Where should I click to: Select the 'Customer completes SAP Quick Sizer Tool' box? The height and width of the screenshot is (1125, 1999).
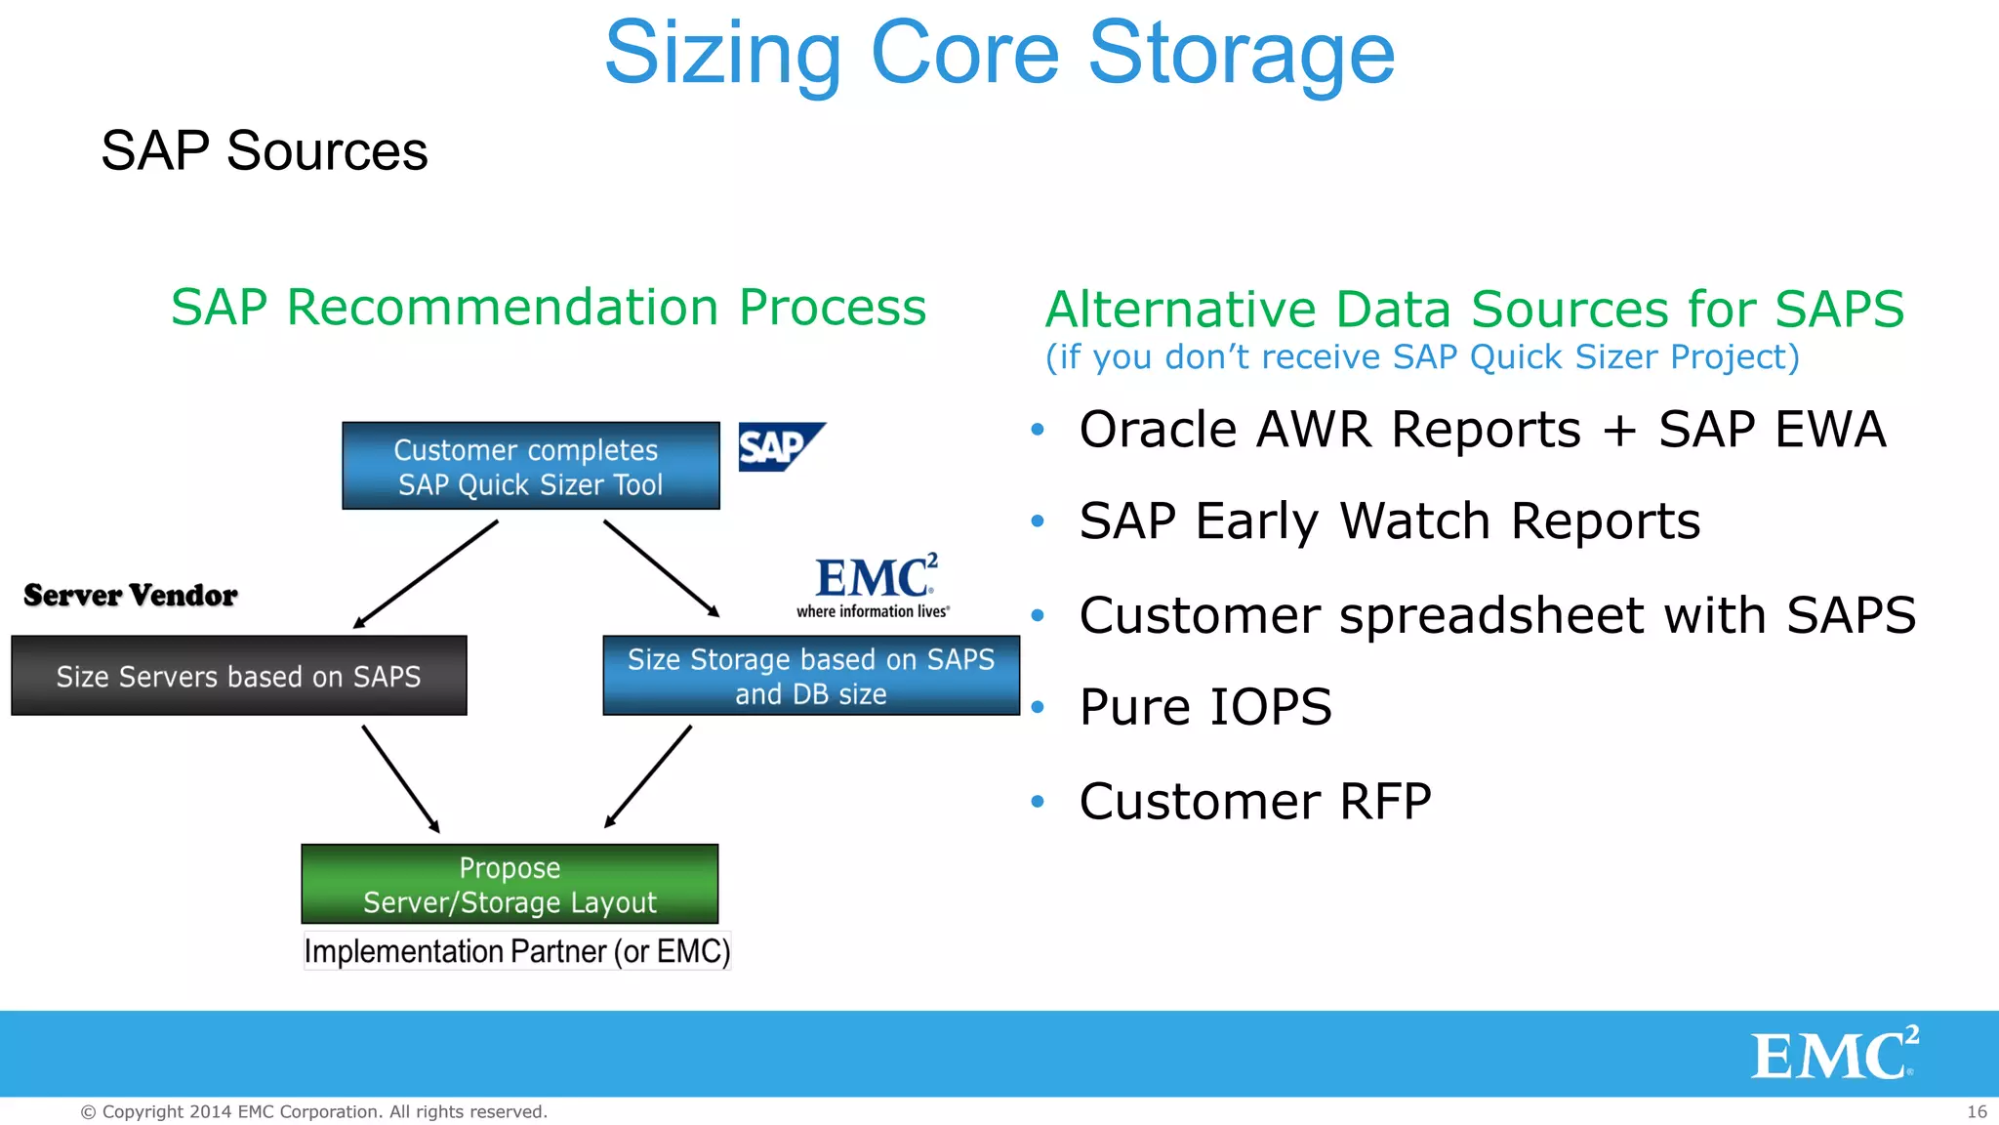tap(530, 466)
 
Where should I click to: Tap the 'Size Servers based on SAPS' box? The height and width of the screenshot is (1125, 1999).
tap(238, 676)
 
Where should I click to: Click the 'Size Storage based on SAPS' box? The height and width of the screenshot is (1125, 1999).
tap(810, 676)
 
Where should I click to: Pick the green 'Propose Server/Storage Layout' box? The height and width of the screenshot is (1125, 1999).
tap(510, 884)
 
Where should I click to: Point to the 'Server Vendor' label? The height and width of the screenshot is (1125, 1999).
tap(130, 595)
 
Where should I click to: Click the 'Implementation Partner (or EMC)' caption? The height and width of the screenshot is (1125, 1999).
tap(516, 951)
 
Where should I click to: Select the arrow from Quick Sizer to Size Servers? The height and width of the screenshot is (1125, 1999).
tap(426, 574)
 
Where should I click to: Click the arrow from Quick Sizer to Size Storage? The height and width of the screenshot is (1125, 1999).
tap(661, 568)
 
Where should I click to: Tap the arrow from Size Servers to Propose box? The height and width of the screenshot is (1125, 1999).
tap(400, 778)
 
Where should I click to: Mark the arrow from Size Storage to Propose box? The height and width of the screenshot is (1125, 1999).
tap(648, 776)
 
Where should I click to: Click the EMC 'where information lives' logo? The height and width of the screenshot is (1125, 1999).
tap(874, 586)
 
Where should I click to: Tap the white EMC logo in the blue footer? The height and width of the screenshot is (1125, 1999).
tap(1834, 1054)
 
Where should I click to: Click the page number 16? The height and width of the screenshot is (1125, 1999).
tap(1977, 1111)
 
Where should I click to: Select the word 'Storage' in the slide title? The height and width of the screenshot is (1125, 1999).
tap(1241, 54)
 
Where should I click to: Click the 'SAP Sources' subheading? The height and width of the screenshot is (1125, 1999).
tap(264, 150)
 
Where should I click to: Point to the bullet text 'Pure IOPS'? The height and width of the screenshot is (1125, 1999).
tap(1205, 707)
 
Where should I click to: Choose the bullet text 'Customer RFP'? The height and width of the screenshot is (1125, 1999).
tap(1254, 802)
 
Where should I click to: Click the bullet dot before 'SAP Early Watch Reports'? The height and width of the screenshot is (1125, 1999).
tap(1038, 521)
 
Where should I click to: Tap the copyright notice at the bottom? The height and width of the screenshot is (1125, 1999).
tap(313, 1111)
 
